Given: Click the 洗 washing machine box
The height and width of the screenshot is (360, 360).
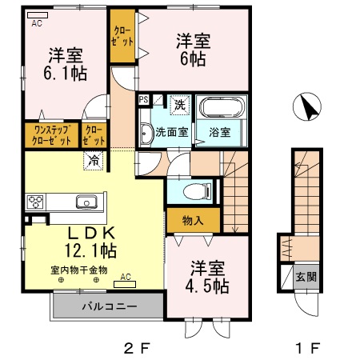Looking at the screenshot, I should click(x=180, y=102).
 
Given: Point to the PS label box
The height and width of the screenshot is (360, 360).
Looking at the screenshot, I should click(x=144, y=100).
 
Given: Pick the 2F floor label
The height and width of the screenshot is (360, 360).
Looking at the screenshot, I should click(x=136, y=348).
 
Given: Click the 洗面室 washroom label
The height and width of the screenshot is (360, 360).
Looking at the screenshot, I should click(x=171, y=133).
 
